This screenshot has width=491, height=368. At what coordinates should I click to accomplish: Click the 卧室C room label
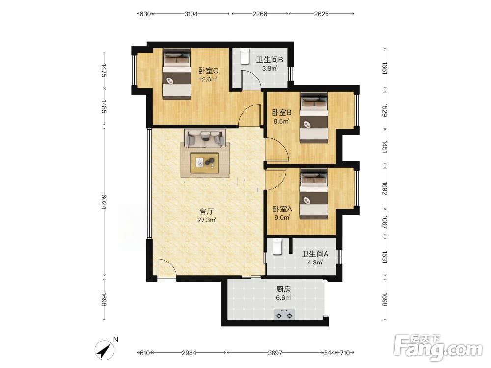coord(208,71)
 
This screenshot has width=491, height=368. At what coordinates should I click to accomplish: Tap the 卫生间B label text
coord(270,60)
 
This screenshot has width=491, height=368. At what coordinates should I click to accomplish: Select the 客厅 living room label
coord(206,211)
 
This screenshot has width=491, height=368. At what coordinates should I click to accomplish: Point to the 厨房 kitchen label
coord(283,289)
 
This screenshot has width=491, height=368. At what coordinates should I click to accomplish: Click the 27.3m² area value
coord(206,220)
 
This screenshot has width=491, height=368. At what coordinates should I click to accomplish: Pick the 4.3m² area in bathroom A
coord(315,263)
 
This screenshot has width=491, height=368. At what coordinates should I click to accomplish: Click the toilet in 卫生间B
coord(244,56)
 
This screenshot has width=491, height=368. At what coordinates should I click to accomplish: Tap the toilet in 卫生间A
coord(277,247)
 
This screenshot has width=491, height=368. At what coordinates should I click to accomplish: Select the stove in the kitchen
coord(284,315)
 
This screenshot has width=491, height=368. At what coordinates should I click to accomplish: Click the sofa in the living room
coord(205,138)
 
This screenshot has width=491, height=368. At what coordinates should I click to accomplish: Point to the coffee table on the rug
coord(205,162)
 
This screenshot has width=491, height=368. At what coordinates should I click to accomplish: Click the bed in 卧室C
coord(176,74)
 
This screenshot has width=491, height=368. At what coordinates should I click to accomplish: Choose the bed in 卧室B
coord(314,118)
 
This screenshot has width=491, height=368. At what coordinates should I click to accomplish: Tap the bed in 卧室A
coord(314,194)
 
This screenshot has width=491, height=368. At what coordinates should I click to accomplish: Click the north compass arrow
coord(106,349)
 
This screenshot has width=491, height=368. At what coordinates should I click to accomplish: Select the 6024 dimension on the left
coord(104,202)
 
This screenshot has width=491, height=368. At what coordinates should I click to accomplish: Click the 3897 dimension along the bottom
coord(275,353)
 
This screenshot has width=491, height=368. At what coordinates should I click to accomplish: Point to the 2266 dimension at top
coord(260,14)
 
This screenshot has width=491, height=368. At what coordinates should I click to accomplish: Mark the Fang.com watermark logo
coord(438,347)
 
